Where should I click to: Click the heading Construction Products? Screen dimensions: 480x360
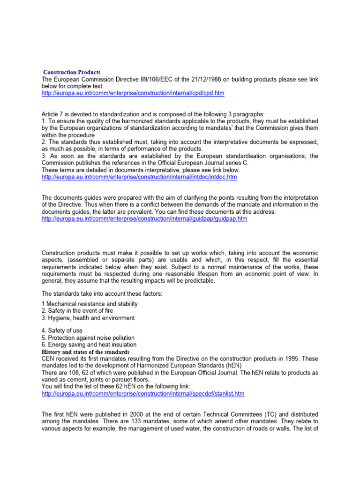pos(72,72)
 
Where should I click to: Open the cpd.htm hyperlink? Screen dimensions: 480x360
pos(133,93)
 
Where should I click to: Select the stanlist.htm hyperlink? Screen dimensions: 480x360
pos(143,394)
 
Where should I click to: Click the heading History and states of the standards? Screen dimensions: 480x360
pos(86,352)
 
